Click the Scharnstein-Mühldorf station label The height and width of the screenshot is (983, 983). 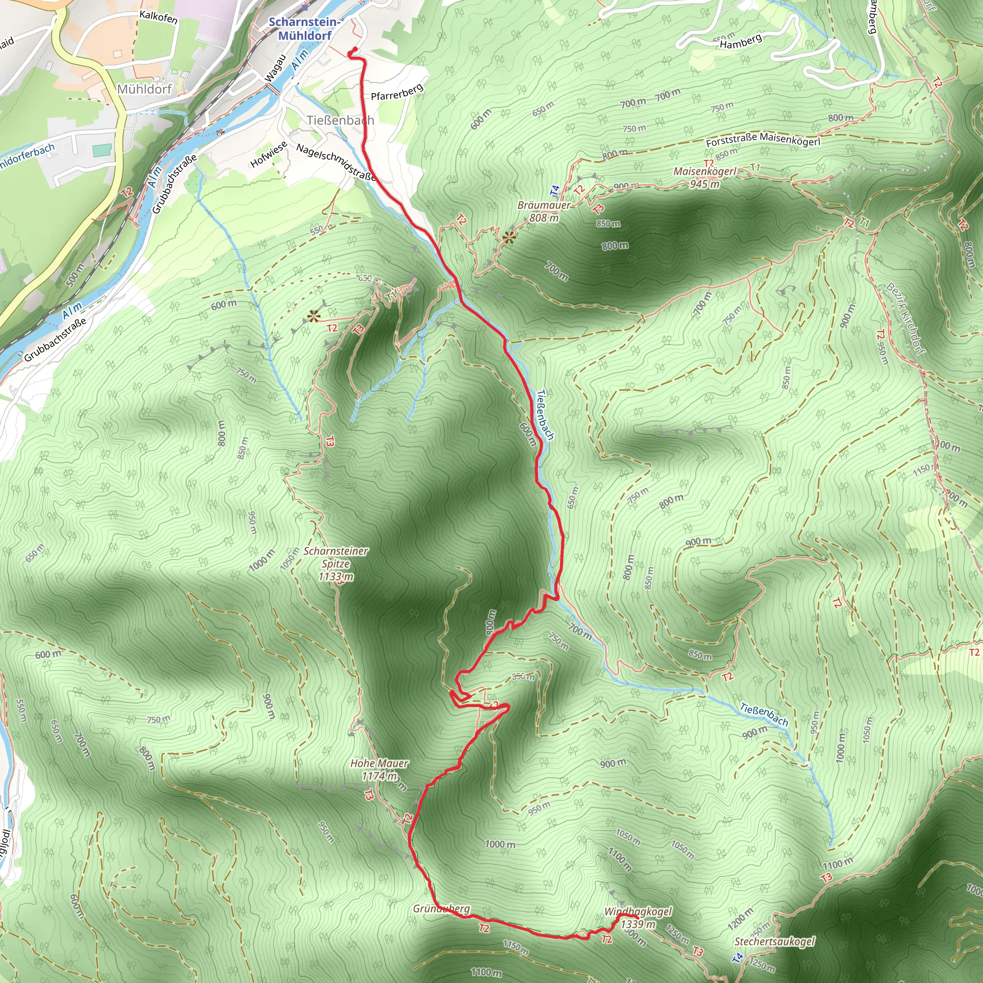pos(304,28)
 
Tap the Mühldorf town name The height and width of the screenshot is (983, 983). pos(144,89)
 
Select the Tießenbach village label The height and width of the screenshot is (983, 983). pos(340,120)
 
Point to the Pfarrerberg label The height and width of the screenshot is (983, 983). pos(397,92)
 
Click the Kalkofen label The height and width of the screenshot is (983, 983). pos(158,17)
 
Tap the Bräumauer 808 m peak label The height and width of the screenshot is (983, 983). pos(544,211)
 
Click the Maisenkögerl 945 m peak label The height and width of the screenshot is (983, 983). pos(705,178)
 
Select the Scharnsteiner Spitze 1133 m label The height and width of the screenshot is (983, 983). pos(336,563)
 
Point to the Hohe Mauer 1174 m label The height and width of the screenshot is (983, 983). pos(380,769)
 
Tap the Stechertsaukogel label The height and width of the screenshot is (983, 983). pos(774,941)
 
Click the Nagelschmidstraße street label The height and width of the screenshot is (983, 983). pos(336,162)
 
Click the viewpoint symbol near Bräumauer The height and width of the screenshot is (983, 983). pos(508,237)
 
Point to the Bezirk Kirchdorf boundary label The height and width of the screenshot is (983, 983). pos(906,318)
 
